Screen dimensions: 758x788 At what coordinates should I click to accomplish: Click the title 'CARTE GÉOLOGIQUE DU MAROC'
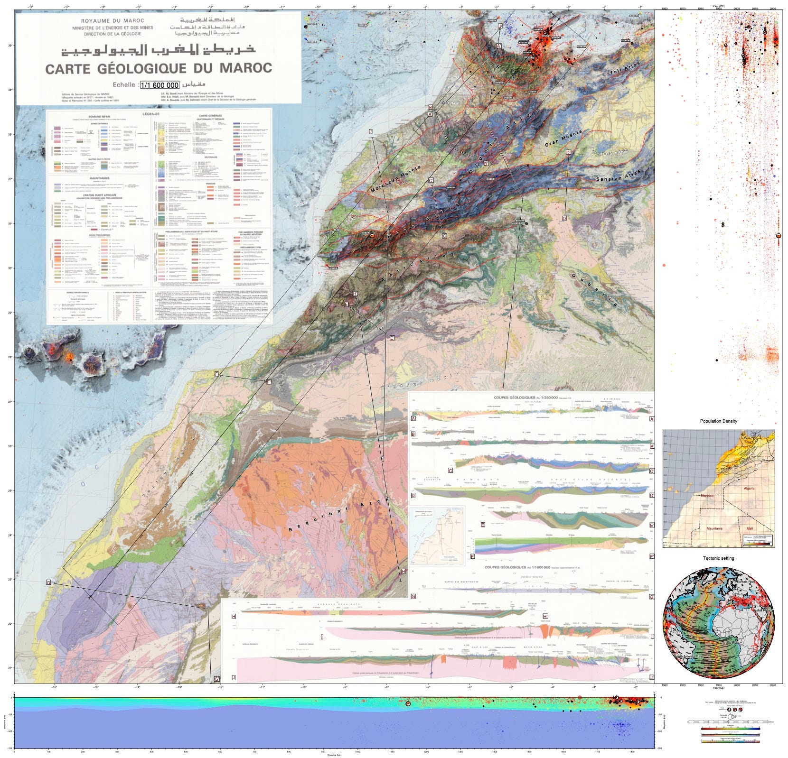(x=159, y=68)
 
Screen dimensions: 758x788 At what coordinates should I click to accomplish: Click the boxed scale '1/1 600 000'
(x=160, y=85)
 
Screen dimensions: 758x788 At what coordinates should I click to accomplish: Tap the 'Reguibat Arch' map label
(x=339, y=514)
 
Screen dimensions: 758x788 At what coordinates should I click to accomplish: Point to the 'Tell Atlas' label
(x=625, y=68)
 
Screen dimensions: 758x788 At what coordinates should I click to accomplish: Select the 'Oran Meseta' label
(x=563, y=139)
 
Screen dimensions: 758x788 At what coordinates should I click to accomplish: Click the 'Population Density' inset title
(x=718, y=421)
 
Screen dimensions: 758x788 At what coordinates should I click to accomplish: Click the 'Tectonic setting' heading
(x=718, y=558)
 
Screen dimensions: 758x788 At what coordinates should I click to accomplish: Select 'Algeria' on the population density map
(x=749, y=488)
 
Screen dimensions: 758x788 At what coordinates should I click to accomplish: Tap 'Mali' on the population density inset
(x=749, y=528)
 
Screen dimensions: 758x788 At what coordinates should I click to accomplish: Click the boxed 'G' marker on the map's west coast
(x=48, y=582)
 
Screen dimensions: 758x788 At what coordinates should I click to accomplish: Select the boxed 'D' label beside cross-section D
(x=413, y=495)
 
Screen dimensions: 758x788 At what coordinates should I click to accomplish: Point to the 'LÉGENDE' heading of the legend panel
(x=150, y=114)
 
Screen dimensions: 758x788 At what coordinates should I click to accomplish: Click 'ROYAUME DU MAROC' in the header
(x=113, y=21)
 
